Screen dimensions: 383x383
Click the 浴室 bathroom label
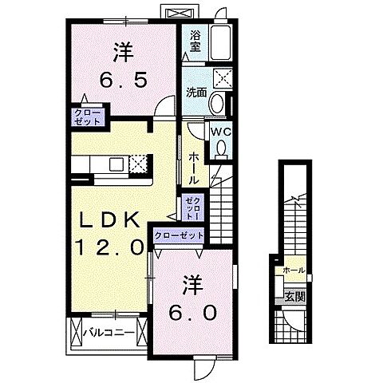coord(195,40)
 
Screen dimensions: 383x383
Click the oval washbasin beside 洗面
coord(217,105)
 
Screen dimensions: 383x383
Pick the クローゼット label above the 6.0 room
coord(179,235)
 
